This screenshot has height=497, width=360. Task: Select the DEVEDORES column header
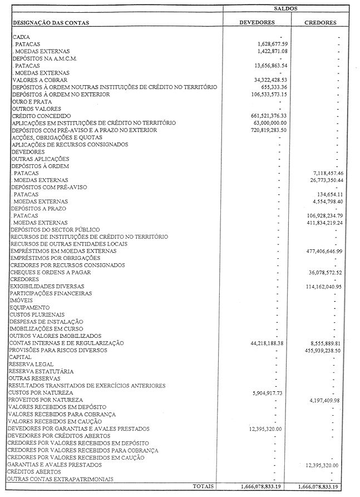(257, 23)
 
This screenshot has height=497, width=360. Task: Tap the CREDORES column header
(320, 23)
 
